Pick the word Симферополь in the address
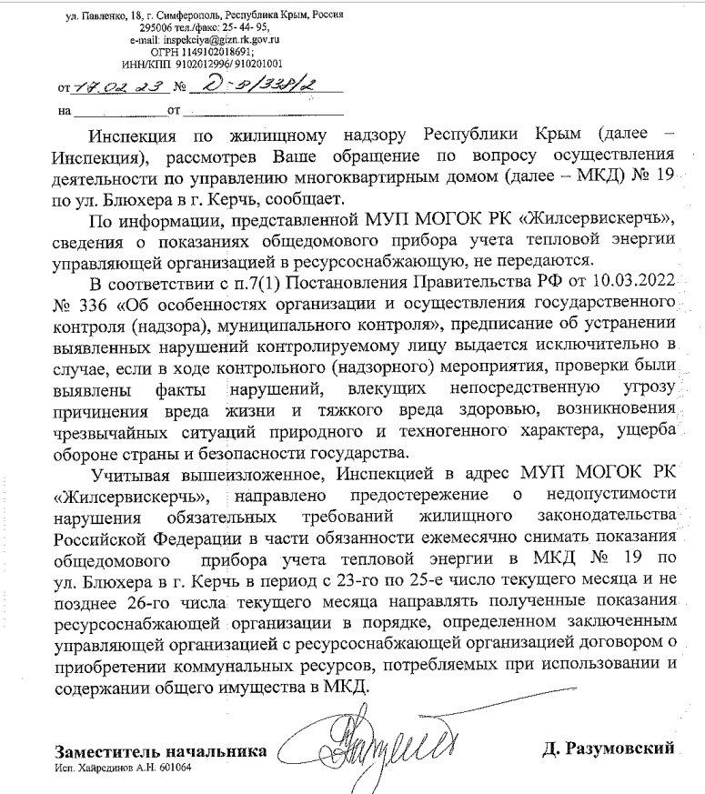[x=195, y=17]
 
